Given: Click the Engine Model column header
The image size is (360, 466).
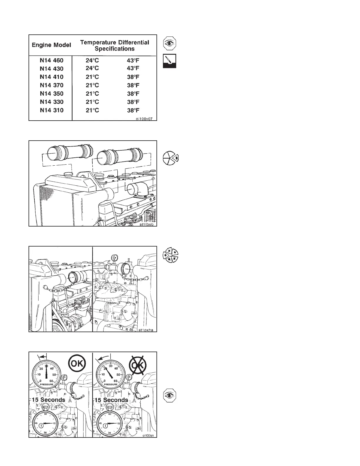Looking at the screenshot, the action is click(51, 45).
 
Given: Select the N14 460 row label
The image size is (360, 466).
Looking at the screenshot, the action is click(51, 60).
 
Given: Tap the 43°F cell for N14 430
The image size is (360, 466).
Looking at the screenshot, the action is click(133, 68).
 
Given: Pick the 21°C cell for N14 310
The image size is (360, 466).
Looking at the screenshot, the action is click(92, 110).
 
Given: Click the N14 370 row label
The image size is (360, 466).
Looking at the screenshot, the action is click(51, 85).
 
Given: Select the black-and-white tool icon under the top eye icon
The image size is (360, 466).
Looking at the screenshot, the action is click(170, 61).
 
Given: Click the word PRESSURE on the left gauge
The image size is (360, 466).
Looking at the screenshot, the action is click(46, 384).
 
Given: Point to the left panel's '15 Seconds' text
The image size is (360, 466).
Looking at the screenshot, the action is click(49, 400).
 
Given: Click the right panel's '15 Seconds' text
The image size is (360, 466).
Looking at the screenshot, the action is click(111, 400).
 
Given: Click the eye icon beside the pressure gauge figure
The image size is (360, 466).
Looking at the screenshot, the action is click(170, 395).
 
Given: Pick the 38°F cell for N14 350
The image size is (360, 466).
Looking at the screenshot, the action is click(133, 94).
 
